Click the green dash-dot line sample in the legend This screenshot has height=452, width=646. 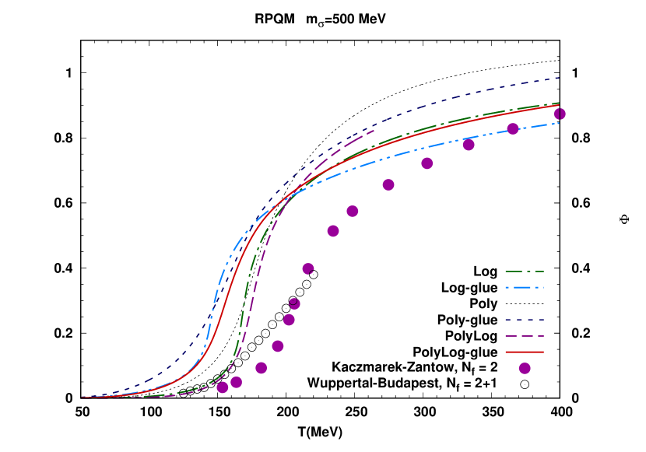[525, 272]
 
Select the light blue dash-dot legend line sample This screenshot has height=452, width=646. [525, 288]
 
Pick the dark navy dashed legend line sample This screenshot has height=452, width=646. [525, 320]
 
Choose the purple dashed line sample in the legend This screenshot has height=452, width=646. [525, 336]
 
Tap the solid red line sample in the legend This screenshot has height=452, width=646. [525, 352]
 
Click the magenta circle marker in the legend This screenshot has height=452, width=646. [525, 368]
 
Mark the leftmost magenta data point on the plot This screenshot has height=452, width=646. [223, 387]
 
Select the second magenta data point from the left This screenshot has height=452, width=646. [237, 382]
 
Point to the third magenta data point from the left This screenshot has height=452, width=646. [262, 368]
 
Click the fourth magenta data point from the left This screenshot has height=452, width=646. [278, 346]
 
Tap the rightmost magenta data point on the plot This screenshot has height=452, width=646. [560, 114]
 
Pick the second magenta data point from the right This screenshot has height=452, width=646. [513, 128]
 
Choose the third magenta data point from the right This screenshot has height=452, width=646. [469, 145]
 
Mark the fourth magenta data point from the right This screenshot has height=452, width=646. [427, 163]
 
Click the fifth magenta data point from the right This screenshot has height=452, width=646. [388, 184]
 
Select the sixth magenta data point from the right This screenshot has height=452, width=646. [353, 211]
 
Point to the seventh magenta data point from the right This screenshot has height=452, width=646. [333, 231]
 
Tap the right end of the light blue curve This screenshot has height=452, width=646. [560, 123]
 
